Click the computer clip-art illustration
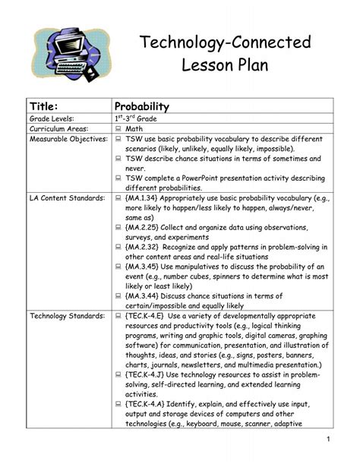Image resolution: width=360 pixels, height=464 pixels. (x=61, y=51)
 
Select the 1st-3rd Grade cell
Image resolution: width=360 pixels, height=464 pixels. (x=136, y=119)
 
